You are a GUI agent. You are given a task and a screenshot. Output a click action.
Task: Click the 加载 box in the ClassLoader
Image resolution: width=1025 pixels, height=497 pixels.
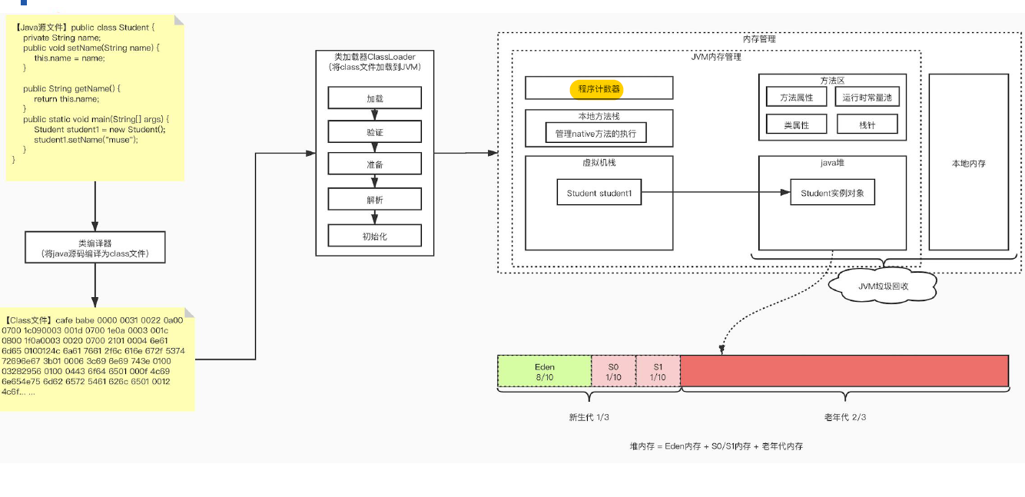374,98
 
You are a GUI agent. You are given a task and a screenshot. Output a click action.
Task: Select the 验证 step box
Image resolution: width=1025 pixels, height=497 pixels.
374,132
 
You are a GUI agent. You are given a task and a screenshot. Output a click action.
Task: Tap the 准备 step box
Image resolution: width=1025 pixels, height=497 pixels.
374,164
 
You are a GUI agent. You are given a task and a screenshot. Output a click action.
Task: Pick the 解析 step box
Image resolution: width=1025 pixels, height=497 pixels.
374,200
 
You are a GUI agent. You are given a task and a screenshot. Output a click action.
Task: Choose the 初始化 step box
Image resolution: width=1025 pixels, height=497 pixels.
374,236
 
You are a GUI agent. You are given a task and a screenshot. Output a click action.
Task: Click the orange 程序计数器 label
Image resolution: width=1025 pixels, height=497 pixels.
596,88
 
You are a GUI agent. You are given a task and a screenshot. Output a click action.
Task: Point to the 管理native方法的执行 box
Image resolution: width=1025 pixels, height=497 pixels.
595,134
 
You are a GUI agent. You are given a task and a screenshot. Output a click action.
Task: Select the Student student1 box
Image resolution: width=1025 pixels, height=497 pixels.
599,193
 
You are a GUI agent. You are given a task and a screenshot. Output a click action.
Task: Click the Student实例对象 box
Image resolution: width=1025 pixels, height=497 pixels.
832,193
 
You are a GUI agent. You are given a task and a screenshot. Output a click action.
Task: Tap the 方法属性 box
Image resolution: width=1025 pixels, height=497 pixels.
796,98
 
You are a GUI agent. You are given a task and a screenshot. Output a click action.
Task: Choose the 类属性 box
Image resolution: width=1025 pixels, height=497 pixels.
796,125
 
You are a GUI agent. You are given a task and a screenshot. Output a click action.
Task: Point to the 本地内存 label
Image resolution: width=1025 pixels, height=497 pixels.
968,164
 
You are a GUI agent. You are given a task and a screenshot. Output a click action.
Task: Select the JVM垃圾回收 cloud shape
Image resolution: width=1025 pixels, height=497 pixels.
883,286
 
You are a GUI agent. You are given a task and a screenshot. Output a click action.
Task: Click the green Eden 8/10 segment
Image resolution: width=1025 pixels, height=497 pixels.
544,371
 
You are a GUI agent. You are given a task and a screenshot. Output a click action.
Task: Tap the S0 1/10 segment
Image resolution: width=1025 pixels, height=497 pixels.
613,371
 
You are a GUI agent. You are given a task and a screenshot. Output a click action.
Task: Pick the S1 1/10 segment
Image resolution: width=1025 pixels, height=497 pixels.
658,371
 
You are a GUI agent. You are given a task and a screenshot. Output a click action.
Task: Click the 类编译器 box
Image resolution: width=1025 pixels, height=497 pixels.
95,247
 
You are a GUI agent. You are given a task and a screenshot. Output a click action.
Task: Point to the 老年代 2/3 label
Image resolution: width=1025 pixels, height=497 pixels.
844,417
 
